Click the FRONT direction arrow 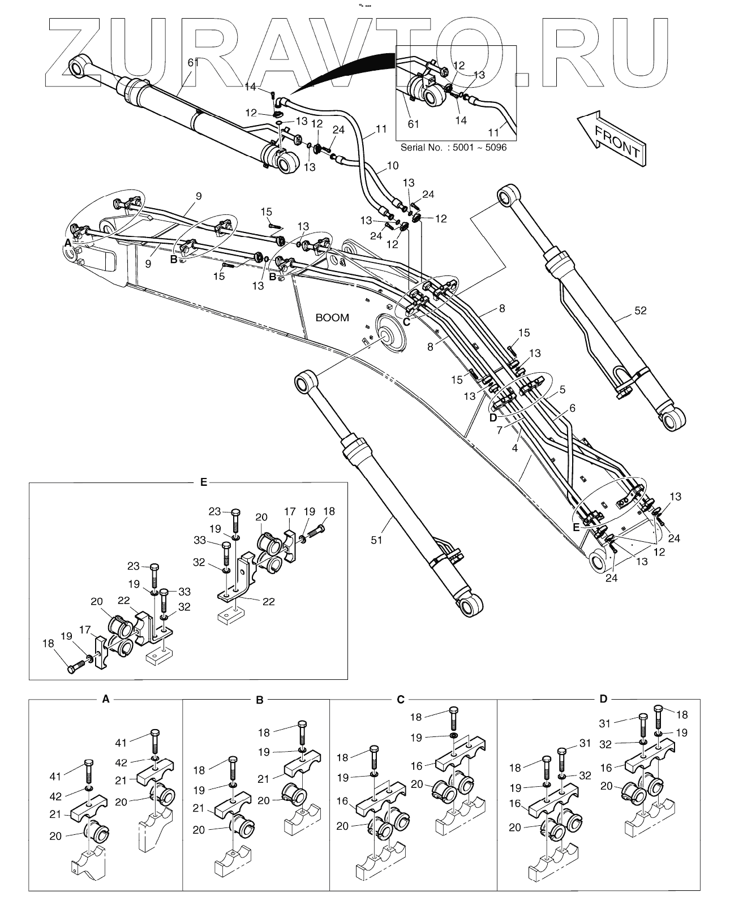[x=611, y=139]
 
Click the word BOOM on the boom [x=332, y=318]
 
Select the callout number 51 [x=376, y=540]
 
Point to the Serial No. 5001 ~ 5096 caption [x=453, y=148]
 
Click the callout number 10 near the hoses [x=392, y=166]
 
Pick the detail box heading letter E [x=204, y=482]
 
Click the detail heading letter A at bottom [x=106, y=699]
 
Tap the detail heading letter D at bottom [x=603, y=699]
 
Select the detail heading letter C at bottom [x=401, y=699]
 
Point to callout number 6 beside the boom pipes [x=572, y=408]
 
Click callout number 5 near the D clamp [x=562, y=390]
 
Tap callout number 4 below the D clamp [x=515, y=449]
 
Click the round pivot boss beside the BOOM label [x=390, y=333]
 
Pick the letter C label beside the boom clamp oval [x=406, y=322]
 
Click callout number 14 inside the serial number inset [x=461, y=120]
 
